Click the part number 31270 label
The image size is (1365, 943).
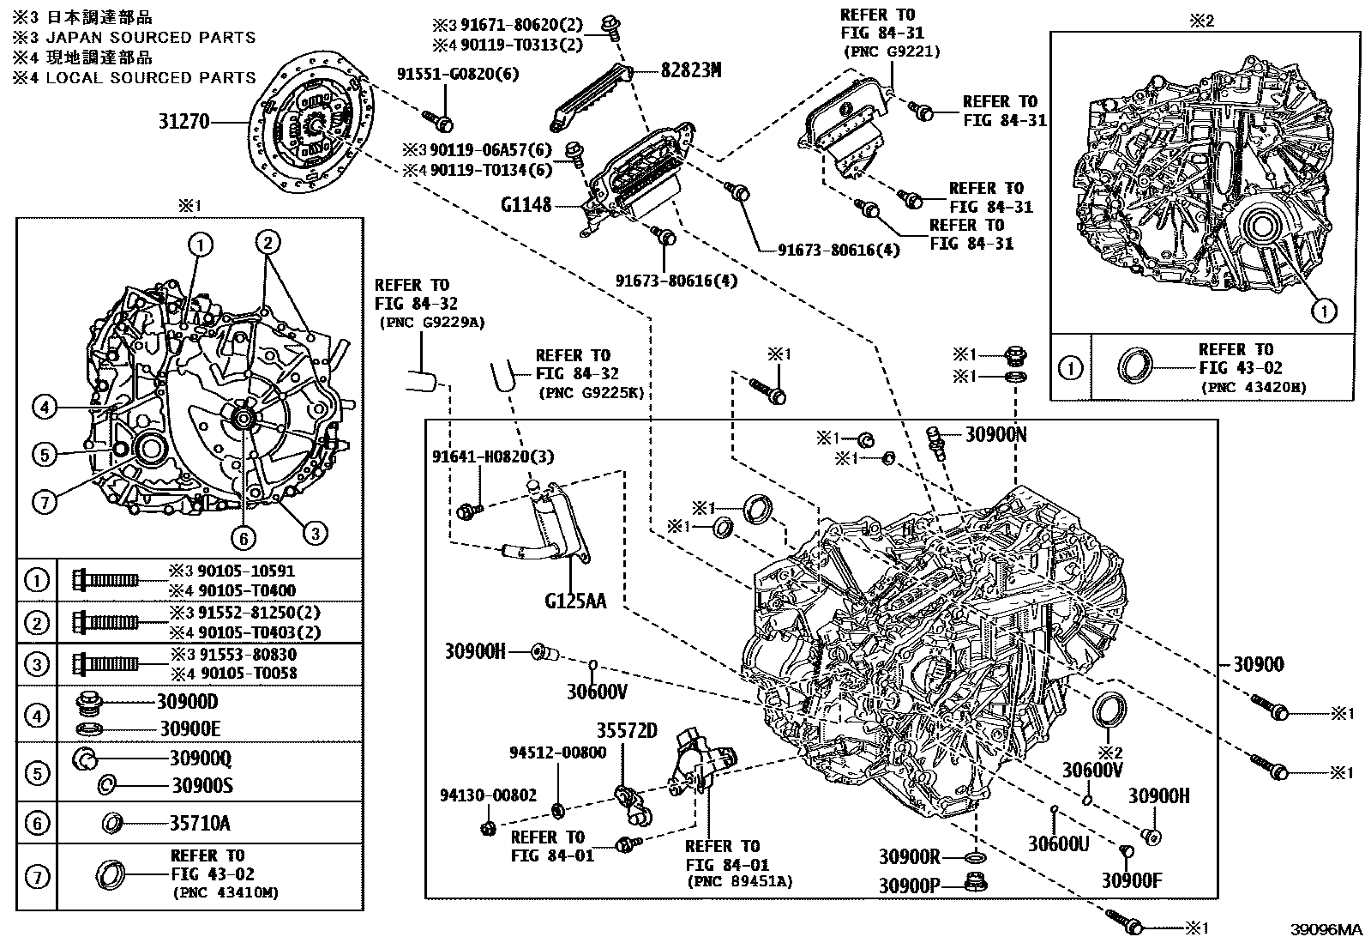pyautogui.click(x=183, y=123)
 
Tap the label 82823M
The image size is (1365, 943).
pyautogui.click(x=690, y=71)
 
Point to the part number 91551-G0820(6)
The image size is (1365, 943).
pyautogui.click(x=458, y=75)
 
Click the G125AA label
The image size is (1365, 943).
pyautogui.click(x=574, y=601)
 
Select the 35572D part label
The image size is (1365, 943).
pyautogui.click(x=627, y=730)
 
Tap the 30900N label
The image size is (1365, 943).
pyautogui.click(x=995, y=435)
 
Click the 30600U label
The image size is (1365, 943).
pyautogui.click(x=1058, y=843)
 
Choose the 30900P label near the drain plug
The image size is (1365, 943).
pyautogui.click(x=909, y=884)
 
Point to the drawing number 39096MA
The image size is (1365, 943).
pyautogui.click(x=1326, y=930)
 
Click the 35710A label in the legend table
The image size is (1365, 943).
pyautogui.click(x=199, y=824)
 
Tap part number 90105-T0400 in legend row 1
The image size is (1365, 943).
pyautogui.click(x=243, y=590)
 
